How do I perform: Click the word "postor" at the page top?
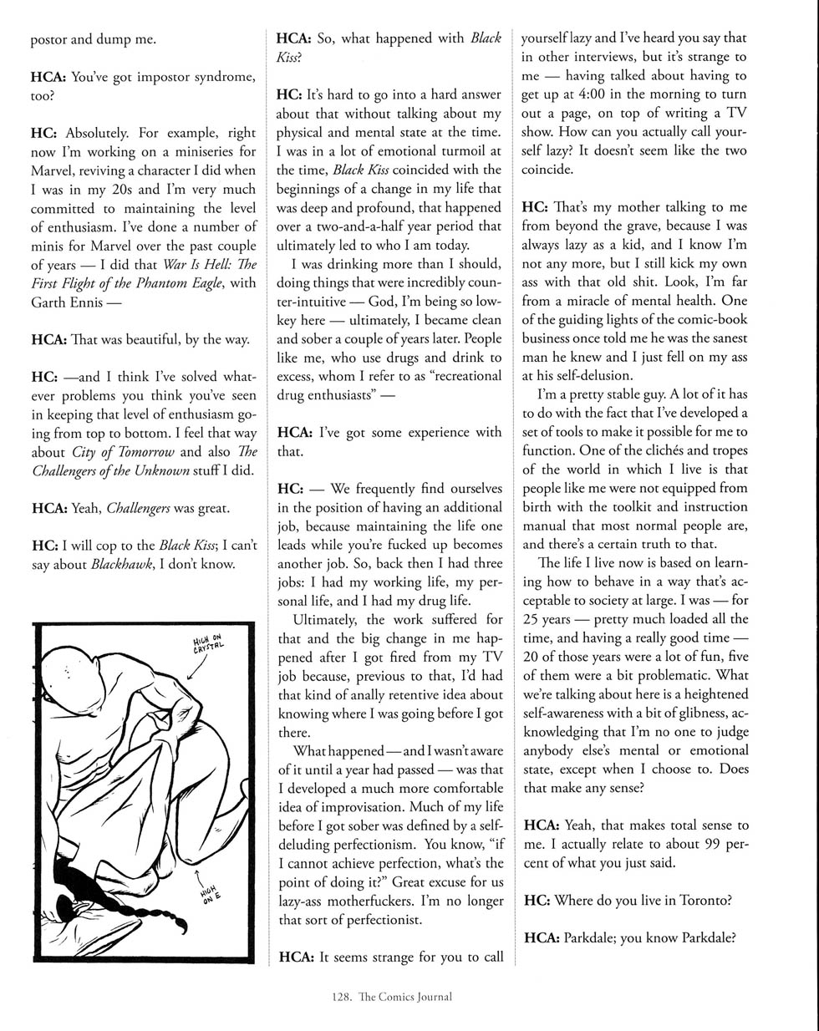coord(49,38)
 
